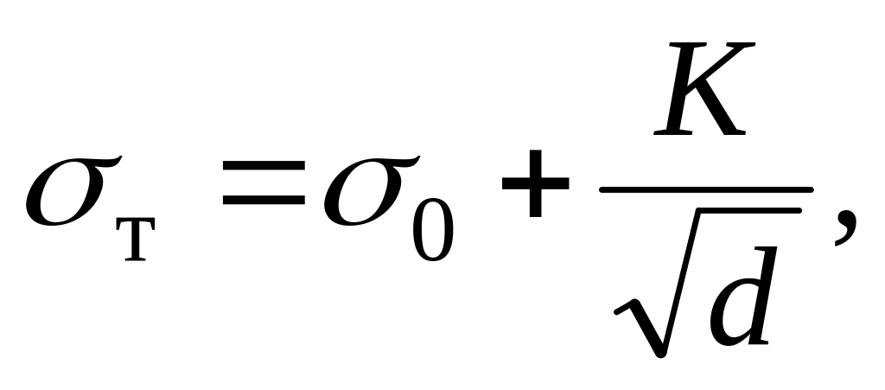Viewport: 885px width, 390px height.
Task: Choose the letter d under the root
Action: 739,294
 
